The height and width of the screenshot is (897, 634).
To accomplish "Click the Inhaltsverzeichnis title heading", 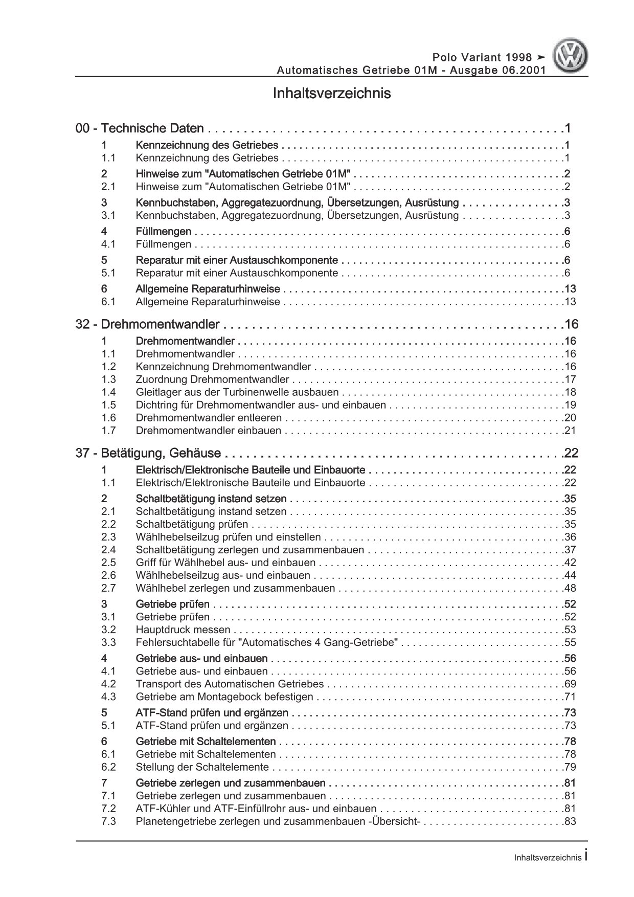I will click(x=332, y=94).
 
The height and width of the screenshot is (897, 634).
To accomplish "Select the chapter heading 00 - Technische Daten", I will click(x=140, y=129).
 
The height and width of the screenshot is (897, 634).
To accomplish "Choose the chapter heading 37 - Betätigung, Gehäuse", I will click(x=148, y=453).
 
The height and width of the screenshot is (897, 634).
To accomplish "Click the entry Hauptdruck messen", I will click(x=183, y=630).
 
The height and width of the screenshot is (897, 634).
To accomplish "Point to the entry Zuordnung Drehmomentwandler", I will click(x=212, y=379).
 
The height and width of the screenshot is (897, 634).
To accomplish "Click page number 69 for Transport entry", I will click(x=570, y=684).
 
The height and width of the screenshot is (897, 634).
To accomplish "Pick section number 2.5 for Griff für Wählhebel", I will click(x=108, y=563).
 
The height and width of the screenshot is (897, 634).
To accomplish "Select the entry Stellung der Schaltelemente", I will click(x=202, y=767).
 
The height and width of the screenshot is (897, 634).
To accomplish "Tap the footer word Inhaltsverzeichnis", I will click(x=548, y=859).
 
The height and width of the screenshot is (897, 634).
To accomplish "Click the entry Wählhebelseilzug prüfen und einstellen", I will click(x=228, y=537).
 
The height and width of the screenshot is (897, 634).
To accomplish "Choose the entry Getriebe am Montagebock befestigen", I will click(x=224, y=697).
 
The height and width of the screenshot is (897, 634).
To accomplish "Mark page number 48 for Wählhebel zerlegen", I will click(x=570, y=588).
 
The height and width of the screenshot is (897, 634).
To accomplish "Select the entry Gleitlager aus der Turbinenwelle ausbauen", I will click(x=237, y=392).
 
